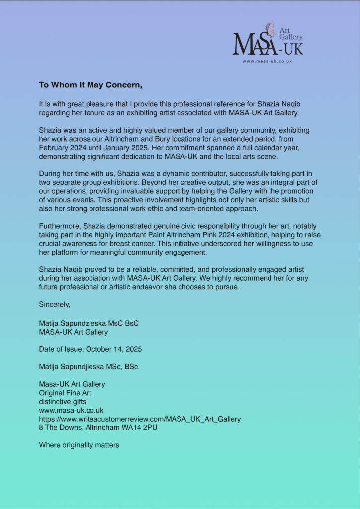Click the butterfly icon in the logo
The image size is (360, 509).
tap(270, 30)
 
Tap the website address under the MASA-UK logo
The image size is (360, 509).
tap(267, 61)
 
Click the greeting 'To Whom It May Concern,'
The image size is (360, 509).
tap(90, 85)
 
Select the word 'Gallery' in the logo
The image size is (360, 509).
tap(291, 37)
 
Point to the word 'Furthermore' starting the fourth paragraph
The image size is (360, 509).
tap(59, 226)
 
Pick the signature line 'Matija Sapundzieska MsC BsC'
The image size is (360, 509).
tap(89, 323)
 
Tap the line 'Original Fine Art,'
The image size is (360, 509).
tap(66, 393)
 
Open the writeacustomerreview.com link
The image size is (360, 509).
tap(140, 419)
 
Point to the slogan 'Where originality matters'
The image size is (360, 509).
tap(79, 445)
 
